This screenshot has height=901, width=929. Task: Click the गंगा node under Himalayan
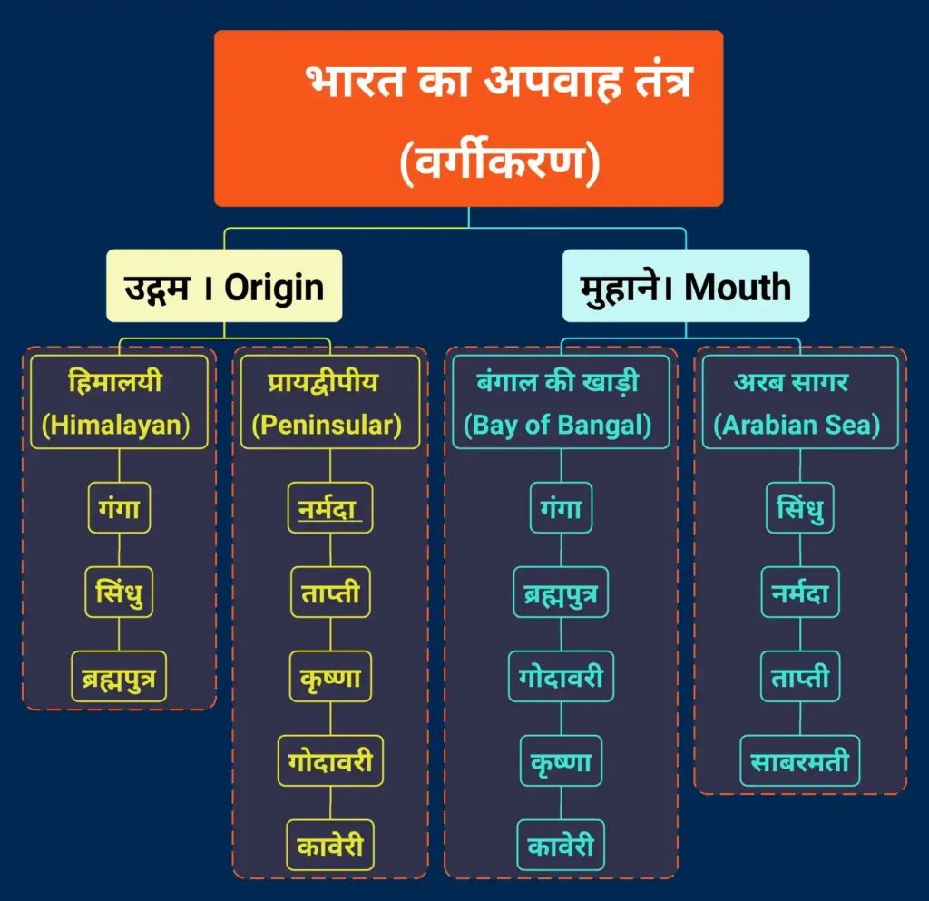pyautogui.click(x=119, y=509)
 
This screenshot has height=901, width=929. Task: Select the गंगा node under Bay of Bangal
pyautogui.click(x=560, y=509)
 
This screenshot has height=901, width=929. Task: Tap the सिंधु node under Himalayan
pyautogui.click(x=119, y=593)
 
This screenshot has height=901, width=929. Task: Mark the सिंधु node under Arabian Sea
pyautogui.click(x=799, y=509)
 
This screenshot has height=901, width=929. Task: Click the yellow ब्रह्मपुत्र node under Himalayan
pyautogui.click(x=119, y=676)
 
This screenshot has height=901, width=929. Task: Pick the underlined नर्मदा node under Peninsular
pyautogui.click(x=329, y=509)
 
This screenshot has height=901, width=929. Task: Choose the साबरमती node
pyautogui.click(x=799, y=760)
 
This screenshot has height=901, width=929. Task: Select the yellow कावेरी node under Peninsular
pyautogui.click(x=329, y=845)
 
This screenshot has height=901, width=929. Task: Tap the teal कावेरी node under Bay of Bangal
pyautogui.click(x=560, y=845)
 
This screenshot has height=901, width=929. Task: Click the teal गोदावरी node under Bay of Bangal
pyautogui.click(x=560, y=676)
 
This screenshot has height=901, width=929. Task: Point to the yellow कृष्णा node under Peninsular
pyautogui.click(x=329, y=676)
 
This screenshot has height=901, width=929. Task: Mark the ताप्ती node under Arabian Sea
pyautogui.click(x=799, y=676)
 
